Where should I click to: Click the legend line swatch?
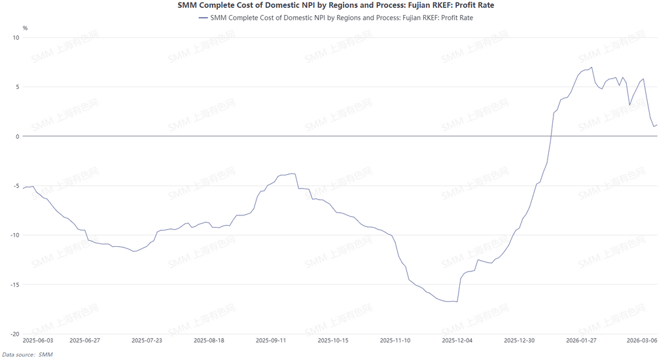pos(202,18)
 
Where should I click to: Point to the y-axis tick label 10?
pos(16,37)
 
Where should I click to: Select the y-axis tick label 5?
pos(18,86)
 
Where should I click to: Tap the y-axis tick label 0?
pos(18,136)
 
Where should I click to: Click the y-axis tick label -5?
pos(16,185)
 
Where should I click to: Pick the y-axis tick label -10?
pos(15,235)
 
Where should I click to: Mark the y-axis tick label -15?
pos(15,284)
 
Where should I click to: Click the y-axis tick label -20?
pos(15,334)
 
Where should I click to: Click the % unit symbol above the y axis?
pos(25,28)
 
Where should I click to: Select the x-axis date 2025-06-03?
pos(37,340)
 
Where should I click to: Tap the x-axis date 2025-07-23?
pos(147,340)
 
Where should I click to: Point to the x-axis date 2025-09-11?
pos(271,340)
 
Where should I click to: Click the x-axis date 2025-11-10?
pos(395,340)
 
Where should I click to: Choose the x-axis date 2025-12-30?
pos(520,340)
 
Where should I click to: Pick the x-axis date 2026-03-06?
pos(642,340)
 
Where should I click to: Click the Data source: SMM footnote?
pos(27,354)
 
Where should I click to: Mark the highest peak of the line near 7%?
pos(591,67)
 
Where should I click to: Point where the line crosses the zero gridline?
pos(551,136)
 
